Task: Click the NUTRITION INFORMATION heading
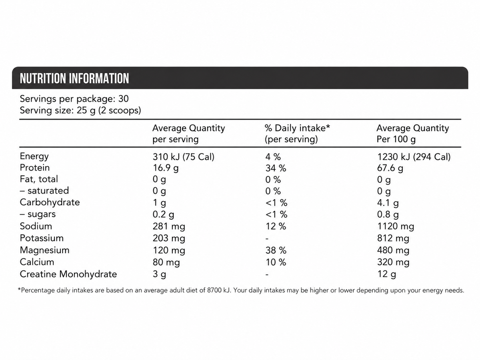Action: click(74, 78)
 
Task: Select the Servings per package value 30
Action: click(123, 99)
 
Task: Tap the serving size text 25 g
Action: click(86, 111)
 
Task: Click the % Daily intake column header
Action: click(297, 134)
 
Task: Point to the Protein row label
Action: click(35, 168)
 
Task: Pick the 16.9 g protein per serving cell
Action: click(166, 168)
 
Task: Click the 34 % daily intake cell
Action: click(276, 168)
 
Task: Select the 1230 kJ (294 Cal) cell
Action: click(414, 157)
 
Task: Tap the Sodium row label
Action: click(36, 226)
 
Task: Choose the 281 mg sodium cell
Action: click(169, 226)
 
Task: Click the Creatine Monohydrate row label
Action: click(68, 274)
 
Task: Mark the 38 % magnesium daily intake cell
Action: click(276, 250)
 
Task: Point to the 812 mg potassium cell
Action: click(393, 238)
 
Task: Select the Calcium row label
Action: click(37, 262)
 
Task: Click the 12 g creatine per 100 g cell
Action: click(387, 274)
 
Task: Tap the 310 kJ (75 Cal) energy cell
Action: click(184, 157)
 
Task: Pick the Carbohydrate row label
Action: click(50, 202)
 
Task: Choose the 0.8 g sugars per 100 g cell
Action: click(388, 215)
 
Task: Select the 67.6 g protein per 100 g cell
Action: click(390, 168)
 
